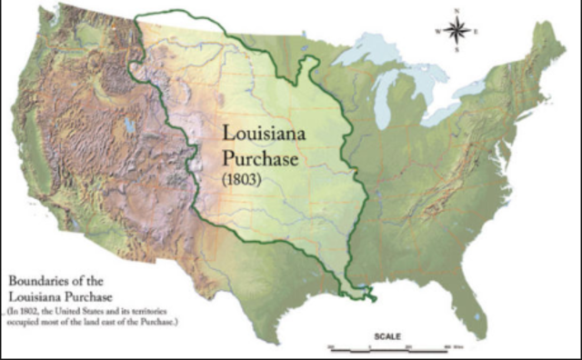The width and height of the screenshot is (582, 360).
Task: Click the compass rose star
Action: tap(458, 32)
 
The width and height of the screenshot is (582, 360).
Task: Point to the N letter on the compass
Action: tap(458, 12)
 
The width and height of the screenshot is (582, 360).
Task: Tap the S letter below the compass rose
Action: tap(458, 53)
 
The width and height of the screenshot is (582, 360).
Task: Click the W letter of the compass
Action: tap(438, 32)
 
